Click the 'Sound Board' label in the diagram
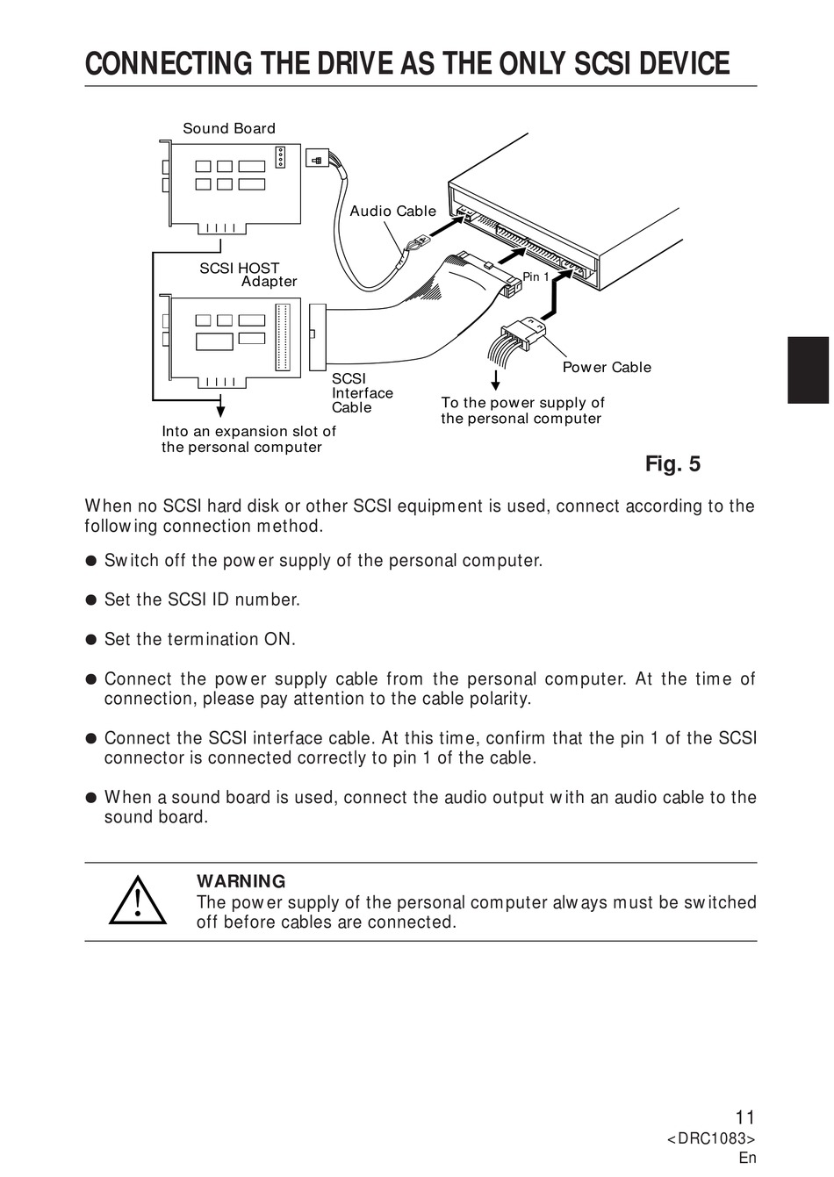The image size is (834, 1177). (228, 128)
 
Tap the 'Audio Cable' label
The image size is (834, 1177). (392, 211)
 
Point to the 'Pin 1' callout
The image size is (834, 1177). (536, 276)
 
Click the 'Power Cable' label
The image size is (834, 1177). (607, 367)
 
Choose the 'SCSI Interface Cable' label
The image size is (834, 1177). (362, 393)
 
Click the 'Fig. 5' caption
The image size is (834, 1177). (672, 463)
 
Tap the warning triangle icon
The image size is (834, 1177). (138, 901)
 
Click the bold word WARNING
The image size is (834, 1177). (241, 881)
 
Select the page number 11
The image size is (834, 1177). (744, 1117)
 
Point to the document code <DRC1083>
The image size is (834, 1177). (711, 1138)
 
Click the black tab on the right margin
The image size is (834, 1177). (808, 370)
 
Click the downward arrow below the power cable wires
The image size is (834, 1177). (496, 381)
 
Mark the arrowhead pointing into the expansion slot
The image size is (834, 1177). (220, 408)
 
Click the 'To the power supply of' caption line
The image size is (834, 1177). (522, 403)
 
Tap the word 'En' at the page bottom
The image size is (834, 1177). (747, 1158)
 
